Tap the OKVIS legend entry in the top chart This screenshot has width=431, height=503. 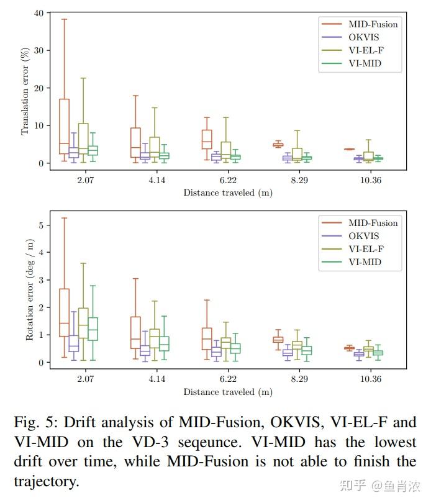(363, 37)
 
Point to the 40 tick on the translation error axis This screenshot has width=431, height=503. (39, 12)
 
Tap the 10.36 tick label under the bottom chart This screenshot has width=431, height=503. (371, 379)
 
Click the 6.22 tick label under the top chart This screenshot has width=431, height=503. (227, 180)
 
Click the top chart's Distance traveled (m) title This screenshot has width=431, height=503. (227, 193)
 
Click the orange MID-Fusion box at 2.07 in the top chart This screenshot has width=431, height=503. (64, 126)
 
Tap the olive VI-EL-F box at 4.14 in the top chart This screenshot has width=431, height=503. (155, 147)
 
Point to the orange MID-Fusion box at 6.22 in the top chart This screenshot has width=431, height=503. (207, 140)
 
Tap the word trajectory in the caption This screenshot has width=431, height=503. (47, 482)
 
